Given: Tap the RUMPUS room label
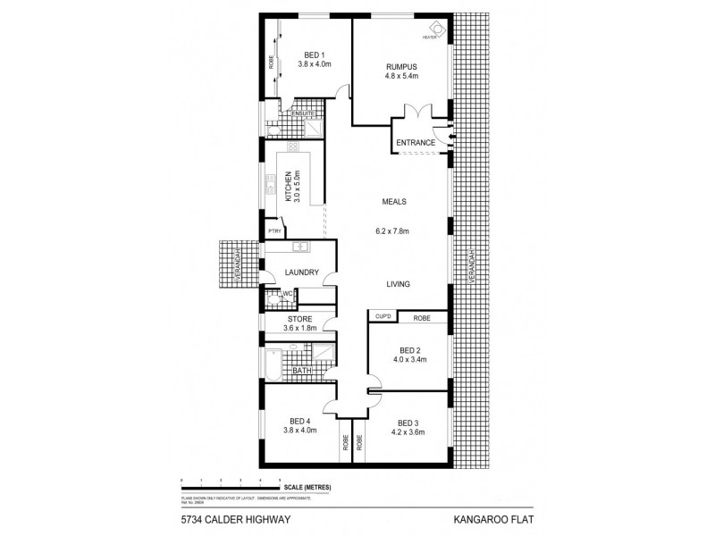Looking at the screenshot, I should pos(401,66).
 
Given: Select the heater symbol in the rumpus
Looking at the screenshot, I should pos(435,29).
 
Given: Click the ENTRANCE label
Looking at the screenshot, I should pos(416,143).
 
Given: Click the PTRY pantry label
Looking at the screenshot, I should pos(272,231).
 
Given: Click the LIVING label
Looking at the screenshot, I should pos(398,285).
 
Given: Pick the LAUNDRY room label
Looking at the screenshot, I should pos(302,272).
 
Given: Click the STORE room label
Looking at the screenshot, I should pos(299,317).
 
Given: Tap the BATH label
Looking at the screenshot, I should pos(301,369).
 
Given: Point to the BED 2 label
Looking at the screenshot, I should pos(410,349).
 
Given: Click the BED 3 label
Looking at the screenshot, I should pos(408,423).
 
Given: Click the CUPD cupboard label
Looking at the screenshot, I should pos(383,316).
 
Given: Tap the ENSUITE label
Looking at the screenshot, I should pos(302,113).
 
